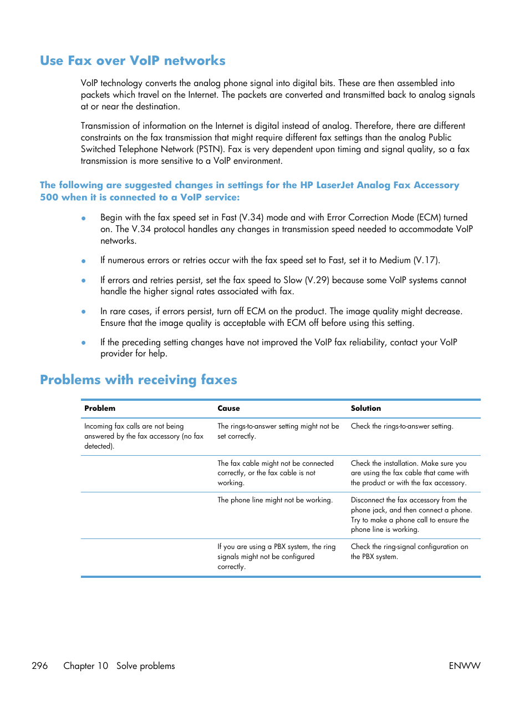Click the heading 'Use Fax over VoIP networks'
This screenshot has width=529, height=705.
pyautogui.click(x=133, y=61)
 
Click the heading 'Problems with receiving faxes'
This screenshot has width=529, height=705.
pyautogui.click(x=138, y=380)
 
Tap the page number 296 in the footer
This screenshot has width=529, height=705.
pyautogui.click(x=40, y=666)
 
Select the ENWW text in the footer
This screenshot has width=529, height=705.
pyautogui.click(x=464, y=666)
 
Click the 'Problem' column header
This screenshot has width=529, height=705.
pyautogui.click(x=100, y=408)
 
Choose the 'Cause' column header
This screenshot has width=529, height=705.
pyautogui.click(x=228, y=408)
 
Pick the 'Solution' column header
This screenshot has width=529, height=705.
pyautogui.click(x=365, y=408)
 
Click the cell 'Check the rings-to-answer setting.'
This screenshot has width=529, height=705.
pyautogui.click(x=401, y=426)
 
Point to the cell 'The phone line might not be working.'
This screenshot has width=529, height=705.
pyautogui.click(x=274, y=500)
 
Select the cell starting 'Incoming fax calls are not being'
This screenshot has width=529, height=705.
pyautogui.click(x=144, y=436)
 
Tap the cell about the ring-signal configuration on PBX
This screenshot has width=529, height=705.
pyautogui.click(x=409, y=551)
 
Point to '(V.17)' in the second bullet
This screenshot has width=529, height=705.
pyautogui.click(x=426, y=260)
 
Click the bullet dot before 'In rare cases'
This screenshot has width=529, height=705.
pyautogui.click(x=84, y=312)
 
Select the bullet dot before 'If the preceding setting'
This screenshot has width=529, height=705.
pyautogui.click(x=84, y=343)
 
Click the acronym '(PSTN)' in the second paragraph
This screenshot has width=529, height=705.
pyautogui.click(x=211, y=149)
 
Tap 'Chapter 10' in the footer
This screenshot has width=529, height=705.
pyautogui.click(x=85, y=666)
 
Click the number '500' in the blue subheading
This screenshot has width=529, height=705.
pyautogui.click(x=49, y=198)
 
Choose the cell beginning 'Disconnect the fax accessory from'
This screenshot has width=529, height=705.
pyautogui.click(x=411, y=515)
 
